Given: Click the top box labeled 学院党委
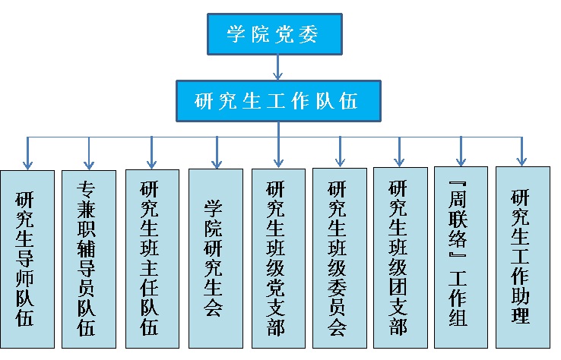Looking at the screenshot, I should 277,33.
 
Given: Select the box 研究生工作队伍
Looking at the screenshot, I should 277,100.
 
